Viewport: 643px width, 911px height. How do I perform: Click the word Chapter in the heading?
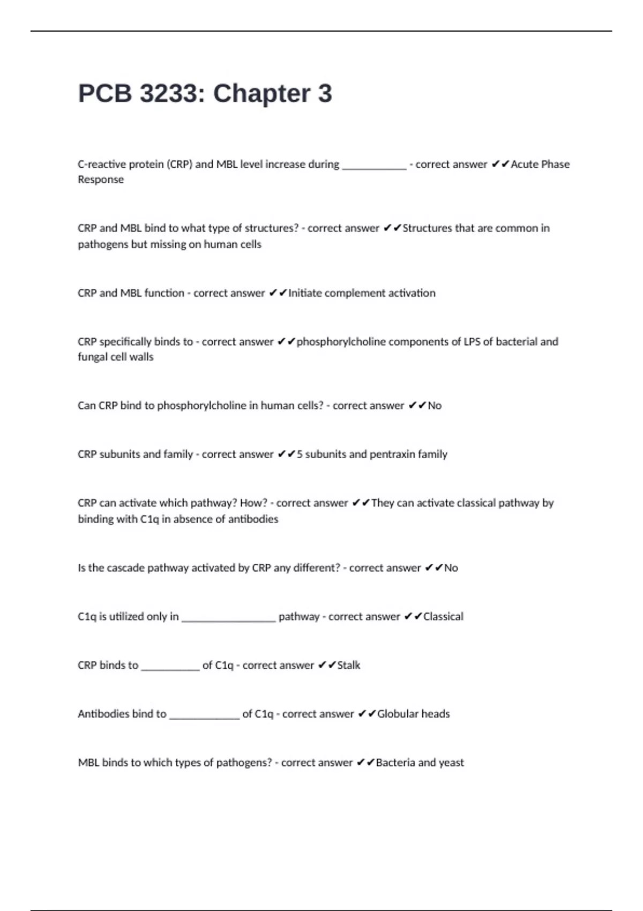pos(262,94)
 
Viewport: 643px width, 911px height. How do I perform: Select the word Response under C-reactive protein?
pos(101,180)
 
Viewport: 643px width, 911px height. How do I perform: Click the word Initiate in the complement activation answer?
pos(305,293)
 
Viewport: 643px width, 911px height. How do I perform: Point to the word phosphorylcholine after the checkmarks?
pos(341,342)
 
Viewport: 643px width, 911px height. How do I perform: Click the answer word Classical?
pos(443,617)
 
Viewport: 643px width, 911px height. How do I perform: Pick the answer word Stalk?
pos(348,666)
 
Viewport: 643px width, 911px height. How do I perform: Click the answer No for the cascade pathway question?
pos(451,568)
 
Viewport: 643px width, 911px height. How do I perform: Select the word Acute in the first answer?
pos(524,165)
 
